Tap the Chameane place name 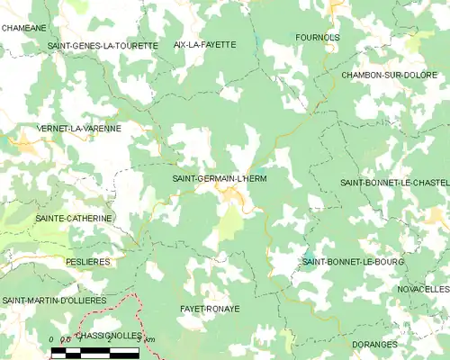tap(24, 28)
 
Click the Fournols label tap(318, 38)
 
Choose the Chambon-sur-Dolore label tap(387, 75)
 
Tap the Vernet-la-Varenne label tap(80, 129)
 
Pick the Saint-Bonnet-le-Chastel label tap(393, 183)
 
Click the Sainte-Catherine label tap(74, 218)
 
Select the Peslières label tap(88, 261)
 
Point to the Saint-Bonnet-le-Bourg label tap(353, 262)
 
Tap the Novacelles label tap(422, 289)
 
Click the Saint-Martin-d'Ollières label tap(54, 300)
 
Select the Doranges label tap(376, 344)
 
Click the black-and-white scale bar tap(94, 352)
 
